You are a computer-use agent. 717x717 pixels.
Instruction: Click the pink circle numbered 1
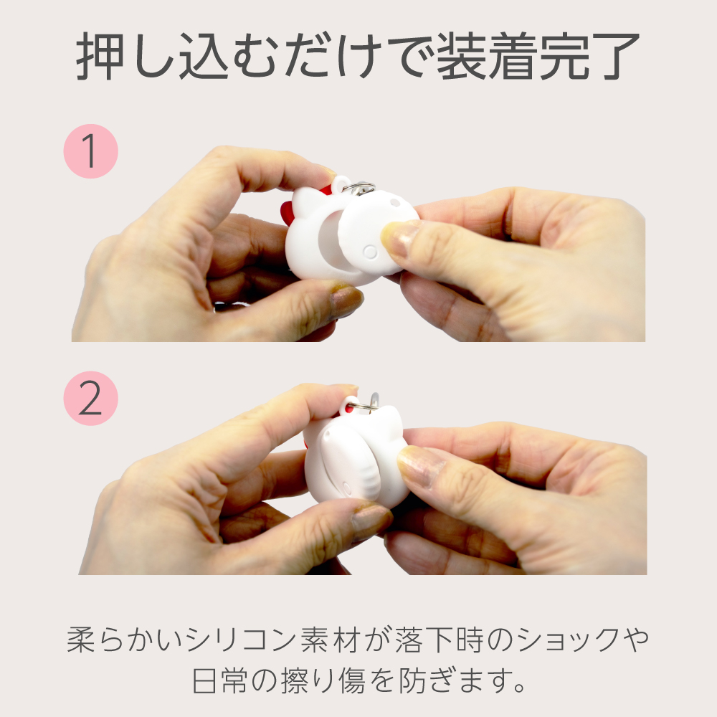point(90,151)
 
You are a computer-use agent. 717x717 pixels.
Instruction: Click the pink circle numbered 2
point(90,398)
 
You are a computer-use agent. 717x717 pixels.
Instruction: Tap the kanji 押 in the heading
point(100,56)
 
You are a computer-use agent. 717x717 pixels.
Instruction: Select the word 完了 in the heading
point(590,56)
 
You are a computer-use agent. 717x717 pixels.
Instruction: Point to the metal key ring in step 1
point(359,188)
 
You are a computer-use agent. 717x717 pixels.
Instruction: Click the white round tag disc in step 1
point(377,233)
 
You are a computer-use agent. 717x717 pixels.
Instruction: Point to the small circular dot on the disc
point(369,252)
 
